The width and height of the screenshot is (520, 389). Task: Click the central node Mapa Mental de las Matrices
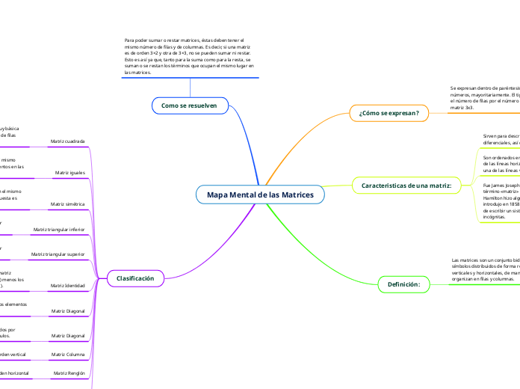point(260,194)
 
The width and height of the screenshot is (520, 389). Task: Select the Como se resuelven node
point(189,105)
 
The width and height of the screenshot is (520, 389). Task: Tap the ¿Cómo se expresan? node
point(389,113)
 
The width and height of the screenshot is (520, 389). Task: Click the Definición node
point(404,284)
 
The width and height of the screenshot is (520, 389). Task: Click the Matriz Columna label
point(68,354)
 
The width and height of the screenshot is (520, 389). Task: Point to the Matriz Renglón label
point(70,372)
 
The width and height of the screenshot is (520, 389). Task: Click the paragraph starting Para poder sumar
point(189,56)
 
